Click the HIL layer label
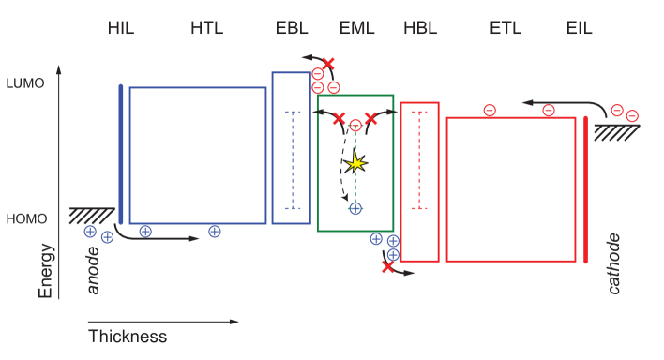122,28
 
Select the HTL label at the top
206,28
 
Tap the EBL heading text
293,28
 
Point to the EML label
356,28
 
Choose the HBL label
419,28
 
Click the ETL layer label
506,28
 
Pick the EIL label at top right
580,28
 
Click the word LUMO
24,82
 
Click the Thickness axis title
128,336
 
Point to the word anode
94,271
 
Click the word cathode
614,263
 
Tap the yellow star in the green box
355,163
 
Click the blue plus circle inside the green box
355,208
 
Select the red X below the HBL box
387,267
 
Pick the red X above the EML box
328,63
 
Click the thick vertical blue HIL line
121,153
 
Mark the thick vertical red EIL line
586,189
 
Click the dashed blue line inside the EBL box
293,159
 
